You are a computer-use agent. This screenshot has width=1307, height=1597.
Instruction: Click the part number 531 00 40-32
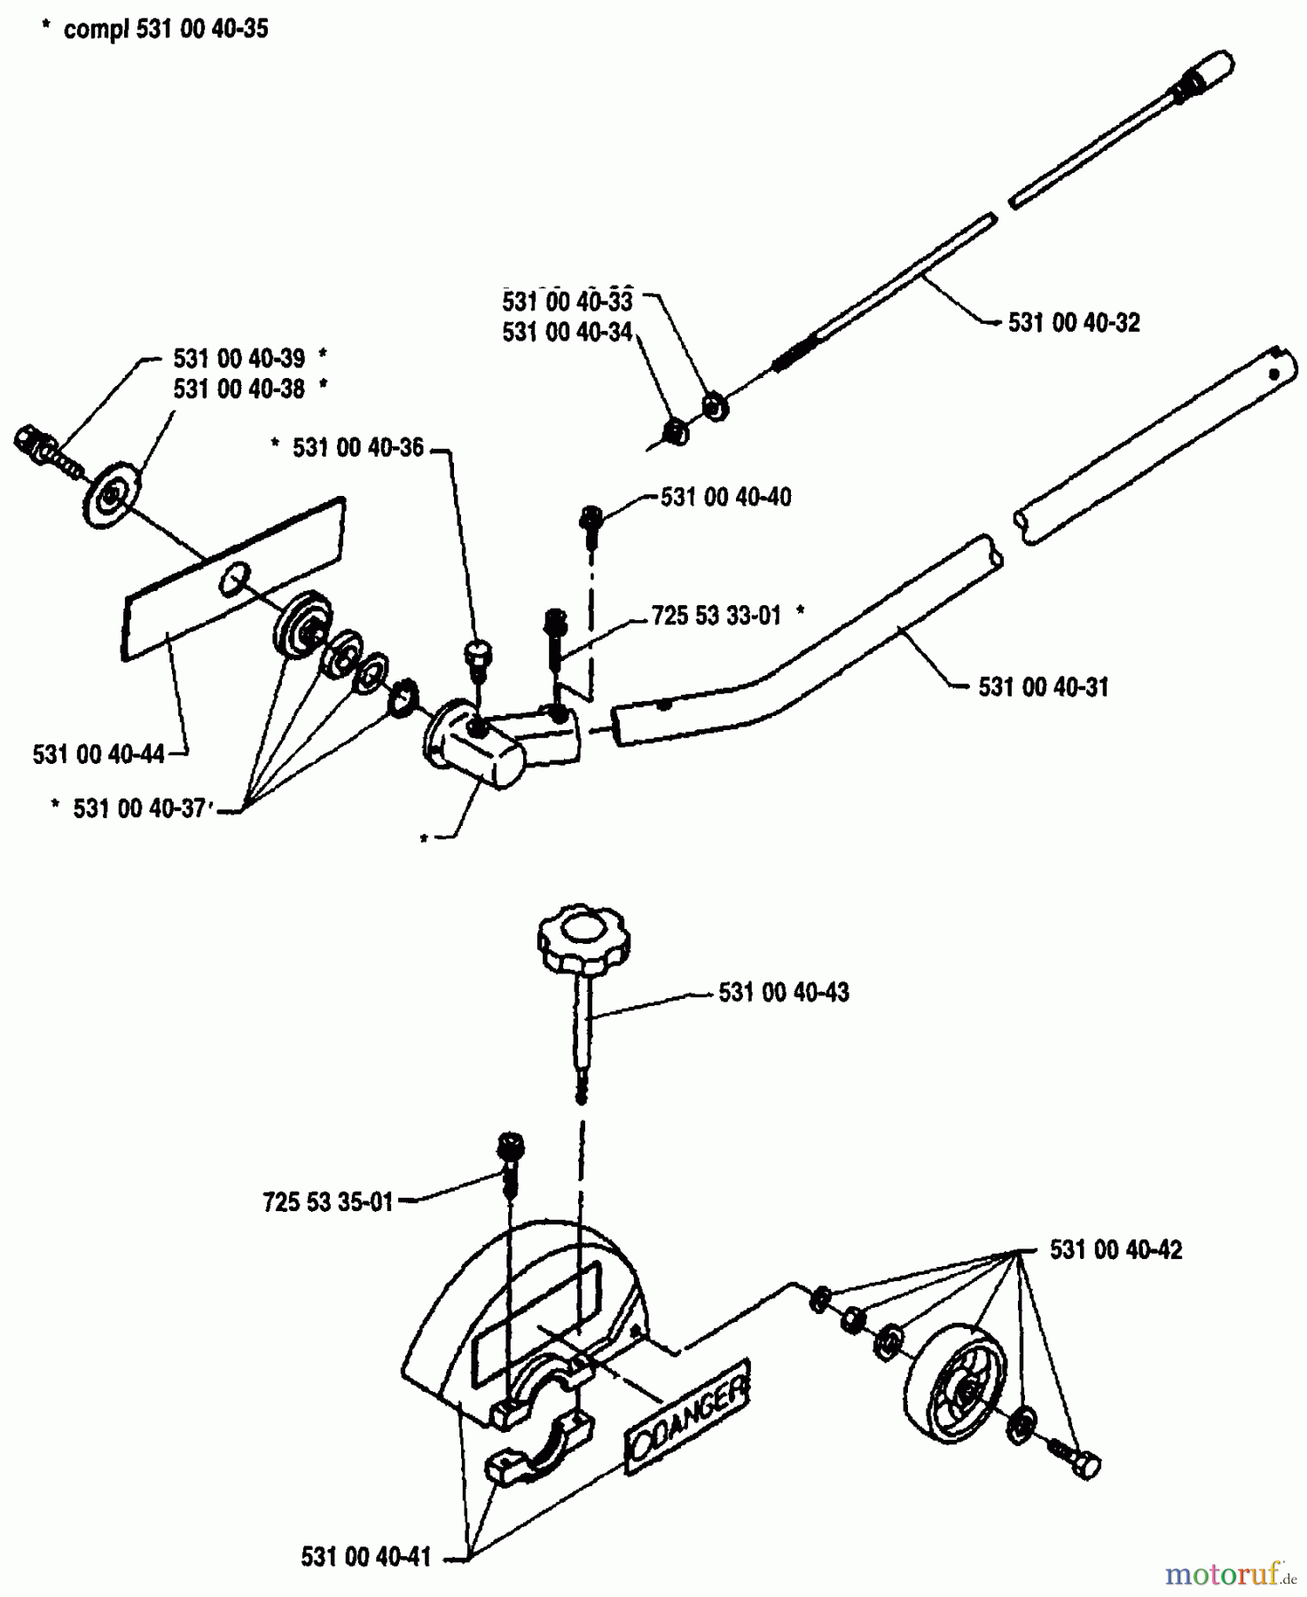tap(1073, 323)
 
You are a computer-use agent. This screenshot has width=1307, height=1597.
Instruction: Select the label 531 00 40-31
tap(1043, 688)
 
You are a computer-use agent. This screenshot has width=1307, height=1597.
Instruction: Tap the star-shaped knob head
tap(582, 938)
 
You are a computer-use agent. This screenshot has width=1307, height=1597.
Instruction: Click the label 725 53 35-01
tap(327, 1203)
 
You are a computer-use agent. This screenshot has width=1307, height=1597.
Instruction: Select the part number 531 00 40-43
tap(783, 993)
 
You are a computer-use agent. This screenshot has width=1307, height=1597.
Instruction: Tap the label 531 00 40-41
tap(365, 1556)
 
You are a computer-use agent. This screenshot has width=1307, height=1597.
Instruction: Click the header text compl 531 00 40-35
tap(165, 29)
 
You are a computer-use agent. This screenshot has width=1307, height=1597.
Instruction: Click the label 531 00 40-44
tap(98, 755)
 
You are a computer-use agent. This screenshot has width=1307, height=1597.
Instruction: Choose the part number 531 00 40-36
tap(358, 448)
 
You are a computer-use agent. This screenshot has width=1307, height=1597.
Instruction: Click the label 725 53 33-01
tap(716, 616)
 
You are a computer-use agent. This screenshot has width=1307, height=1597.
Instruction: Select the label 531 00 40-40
tap(725, 498)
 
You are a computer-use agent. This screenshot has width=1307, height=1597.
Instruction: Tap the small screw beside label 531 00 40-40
tap(591, 519)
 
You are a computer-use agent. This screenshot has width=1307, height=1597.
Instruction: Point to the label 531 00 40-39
tap(239, 359)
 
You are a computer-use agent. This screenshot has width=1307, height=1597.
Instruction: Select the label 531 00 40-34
tap(567, 333)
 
